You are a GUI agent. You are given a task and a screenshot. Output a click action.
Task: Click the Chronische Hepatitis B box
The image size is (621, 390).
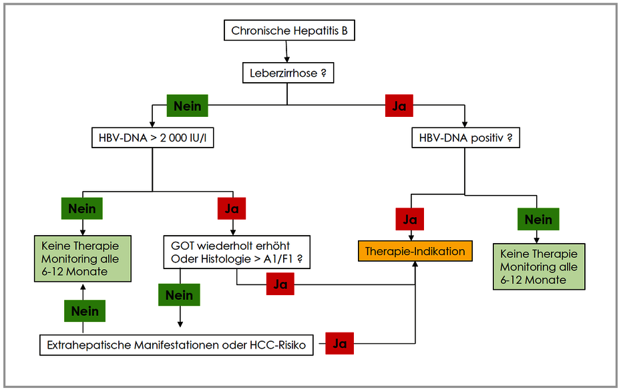point(289,31)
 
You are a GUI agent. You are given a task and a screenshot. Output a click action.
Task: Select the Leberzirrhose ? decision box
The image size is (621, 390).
point(288,73)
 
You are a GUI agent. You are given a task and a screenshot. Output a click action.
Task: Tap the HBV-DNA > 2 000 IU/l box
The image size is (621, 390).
point(152,138)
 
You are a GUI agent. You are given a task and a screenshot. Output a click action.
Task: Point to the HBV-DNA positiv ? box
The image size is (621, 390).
point(465,138)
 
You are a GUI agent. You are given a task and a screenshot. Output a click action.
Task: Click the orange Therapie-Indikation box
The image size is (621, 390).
point(415,251)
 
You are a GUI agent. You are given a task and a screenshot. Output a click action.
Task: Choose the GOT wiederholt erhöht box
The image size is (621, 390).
point(236,252)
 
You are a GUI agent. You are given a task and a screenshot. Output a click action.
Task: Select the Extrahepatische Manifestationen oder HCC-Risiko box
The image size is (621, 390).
point(176,345)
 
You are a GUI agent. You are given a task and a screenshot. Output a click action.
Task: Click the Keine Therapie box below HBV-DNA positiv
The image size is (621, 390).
point(539,266)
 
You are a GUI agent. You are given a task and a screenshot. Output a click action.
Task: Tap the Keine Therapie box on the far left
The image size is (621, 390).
point(82,258)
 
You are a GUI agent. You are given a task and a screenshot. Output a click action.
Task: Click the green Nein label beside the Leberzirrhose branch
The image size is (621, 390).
point(188,106)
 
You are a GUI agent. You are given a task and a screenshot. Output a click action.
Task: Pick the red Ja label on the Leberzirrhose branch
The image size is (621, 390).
point(399,106)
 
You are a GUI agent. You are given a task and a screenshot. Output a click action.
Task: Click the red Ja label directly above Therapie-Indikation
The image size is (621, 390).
point(410,219)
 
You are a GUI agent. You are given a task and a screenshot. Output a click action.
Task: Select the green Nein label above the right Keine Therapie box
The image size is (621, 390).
point(538,219)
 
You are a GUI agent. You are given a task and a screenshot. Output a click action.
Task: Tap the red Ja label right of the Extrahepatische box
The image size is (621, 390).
point(339,343)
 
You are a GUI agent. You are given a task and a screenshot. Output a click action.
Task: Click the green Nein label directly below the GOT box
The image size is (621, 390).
point(179,295)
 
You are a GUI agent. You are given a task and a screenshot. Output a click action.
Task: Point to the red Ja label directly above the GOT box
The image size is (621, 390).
point(232,208)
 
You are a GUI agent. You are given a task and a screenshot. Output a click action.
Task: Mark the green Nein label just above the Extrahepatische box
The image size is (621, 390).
point(85,311)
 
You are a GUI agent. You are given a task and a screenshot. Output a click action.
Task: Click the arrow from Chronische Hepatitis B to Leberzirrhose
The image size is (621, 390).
point(286,51)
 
